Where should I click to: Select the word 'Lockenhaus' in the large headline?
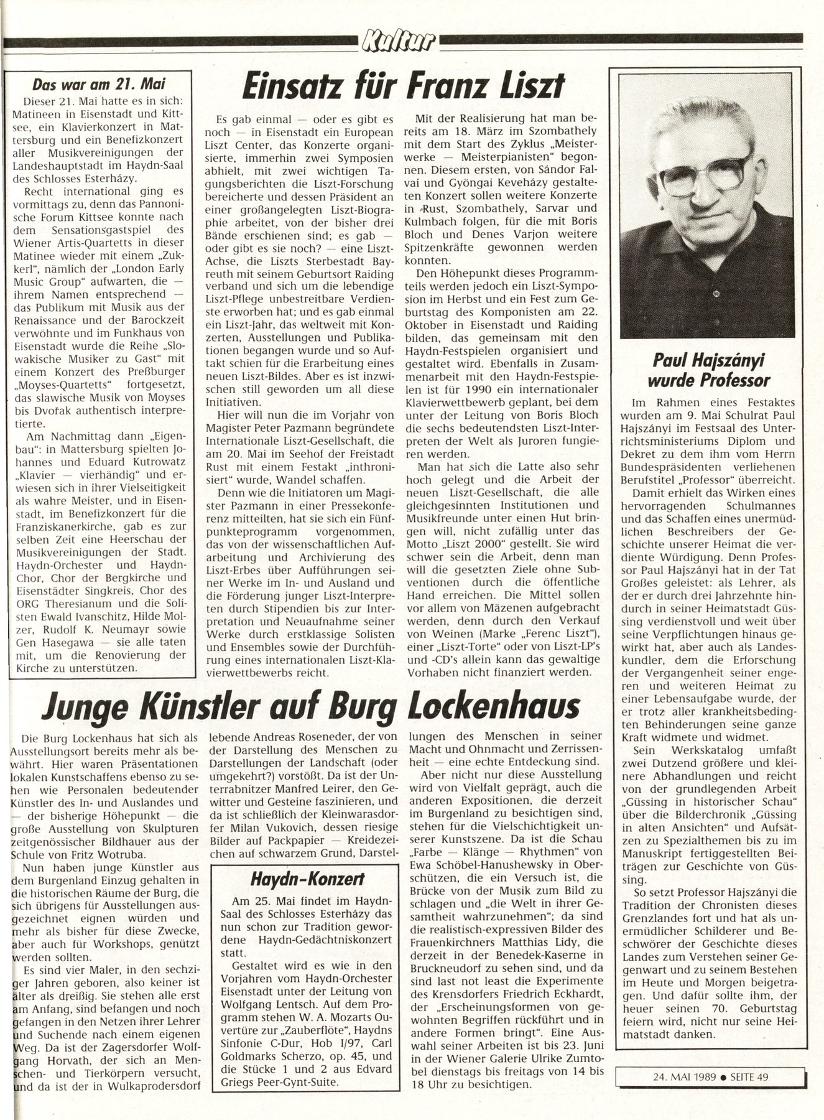pyautogui.click(x=494, y=707)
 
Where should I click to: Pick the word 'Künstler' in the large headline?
pyautogui.click(x=206, y=707)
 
